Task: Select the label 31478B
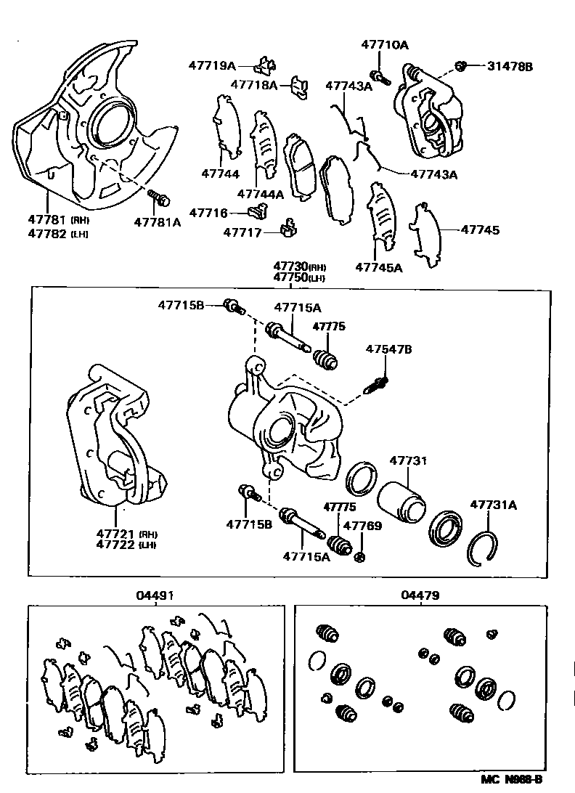[x=510, y=66]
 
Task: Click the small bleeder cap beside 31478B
[x=460, y=66]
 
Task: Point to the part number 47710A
[x=384, y=45]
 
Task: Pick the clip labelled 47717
[x=287, y=230]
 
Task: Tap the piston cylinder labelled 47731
[x=401, y=501]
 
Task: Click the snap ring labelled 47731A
[x=480, y=544]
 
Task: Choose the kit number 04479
[x=420, y=595]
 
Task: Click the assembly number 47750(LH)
[x=298, y=277]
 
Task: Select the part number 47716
[x=209, y=213]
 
